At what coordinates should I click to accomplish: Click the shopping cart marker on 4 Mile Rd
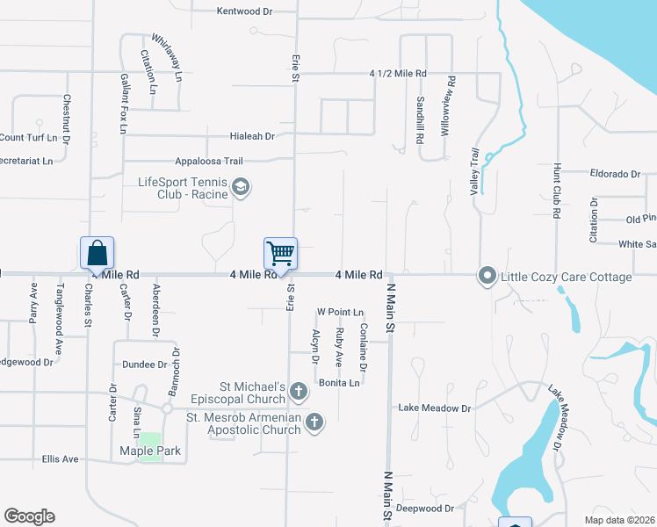click(x=281, y=254)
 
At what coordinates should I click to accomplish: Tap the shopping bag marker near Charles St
click(x=97, y=254)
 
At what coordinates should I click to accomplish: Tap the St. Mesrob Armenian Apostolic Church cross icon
click(x=314, y=424)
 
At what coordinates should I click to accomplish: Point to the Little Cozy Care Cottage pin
click(x=487, y=277)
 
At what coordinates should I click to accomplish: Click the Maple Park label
click(x=150, y=451)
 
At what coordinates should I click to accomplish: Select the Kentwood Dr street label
click(x=244, y=11)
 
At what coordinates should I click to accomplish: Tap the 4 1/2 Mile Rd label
click(x=398, y=73)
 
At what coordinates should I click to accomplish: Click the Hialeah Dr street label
click(x=252, y=136)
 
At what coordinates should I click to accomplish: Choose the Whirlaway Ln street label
click(x=167, y=58)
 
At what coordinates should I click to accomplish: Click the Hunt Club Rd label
click(x=557, y=190)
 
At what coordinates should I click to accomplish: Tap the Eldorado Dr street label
click(x=615, y=174)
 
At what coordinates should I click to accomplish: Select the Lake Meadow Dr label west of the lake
click(x=435, y=408)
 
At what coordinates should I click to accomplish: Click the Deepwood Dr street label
click(x=424, y=509)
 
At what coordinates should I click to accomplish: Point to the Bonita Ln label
click(x=339, y=383)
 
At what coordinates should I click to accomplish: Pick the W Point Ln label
click(x=340, y=312)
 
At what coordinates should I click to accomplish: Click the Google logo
click(x=29, y=516)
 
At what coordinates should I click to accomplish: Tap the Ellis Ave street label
click(x=61, y=458)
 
